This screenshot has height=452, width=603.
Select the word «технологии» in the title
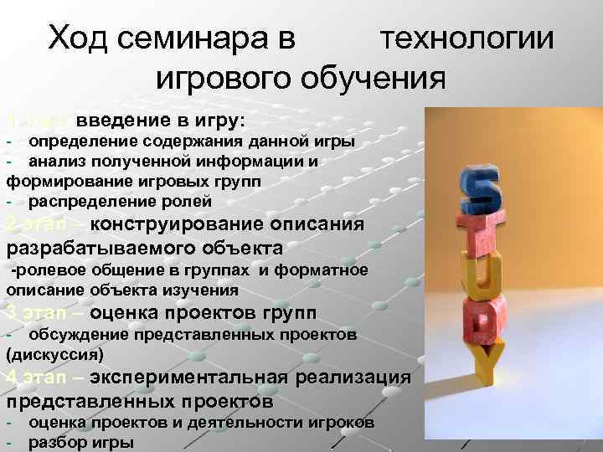click(x=466, y=39)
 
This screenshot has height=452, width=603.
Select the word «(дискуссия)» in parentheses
click(x=55, y=353)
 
